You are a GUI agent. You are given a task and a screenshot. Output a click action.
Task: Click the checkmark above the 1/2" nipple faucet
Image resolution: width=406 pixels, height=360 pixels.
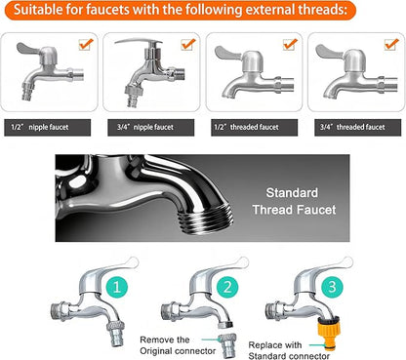pos(86,45)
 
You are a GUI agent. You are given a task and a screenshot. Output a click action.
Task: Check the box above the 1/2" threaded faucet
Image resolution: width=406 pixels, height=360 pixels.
pos(287,45)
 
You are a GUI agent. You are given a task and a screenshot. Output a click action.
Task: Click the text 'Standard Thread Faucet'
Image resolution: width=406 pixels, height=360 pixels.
pos(300,202)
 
